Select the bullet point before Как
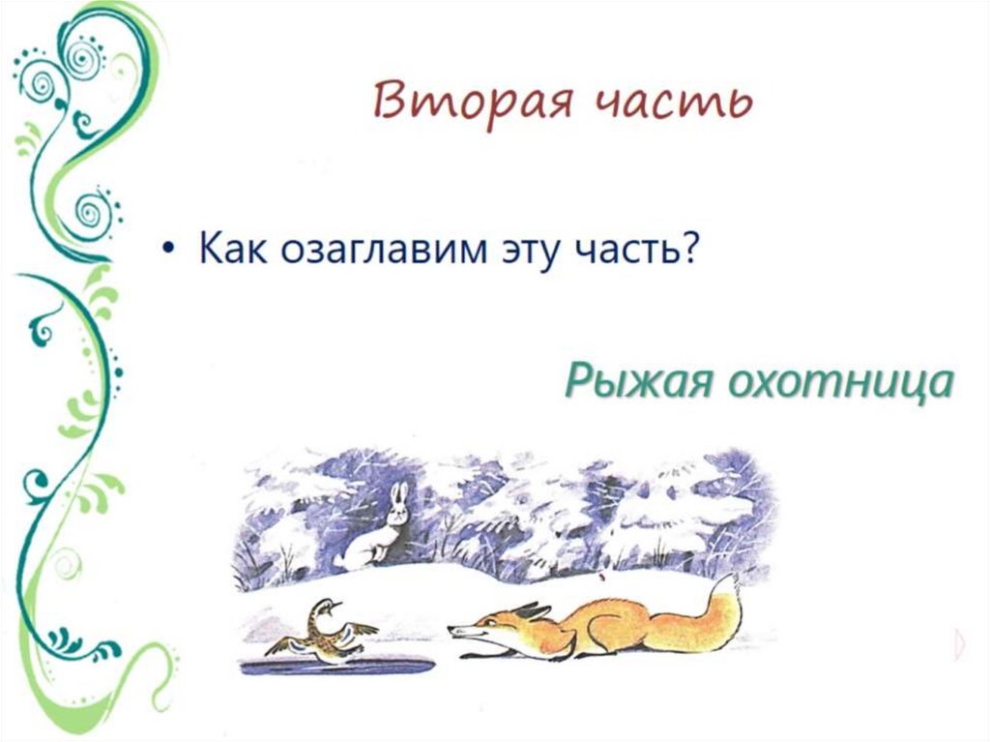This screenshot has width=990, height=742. pos(170,251)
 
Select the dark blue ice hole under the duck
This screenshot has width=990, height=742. pos(324,667)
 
